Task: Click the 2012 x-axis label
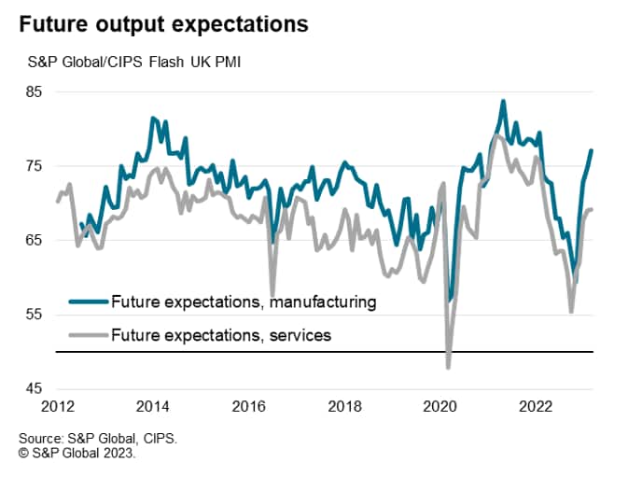coord(57,407)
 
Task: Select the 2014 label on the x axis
coord(153,407)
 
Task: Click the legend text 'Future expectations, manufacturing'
coord(243,302)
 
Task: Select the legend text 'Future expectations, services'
coord(220,333)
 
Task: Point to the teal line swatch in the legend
coord(88,302)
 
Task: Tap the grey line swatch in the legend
coord(88,333)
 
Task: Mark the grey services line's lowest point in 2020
coord(449,368)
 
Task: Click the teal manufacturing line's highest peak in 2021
coord(503,101)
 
